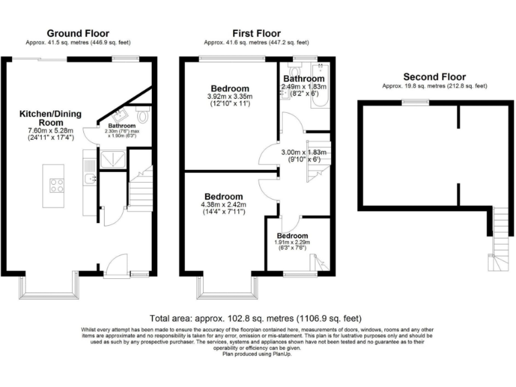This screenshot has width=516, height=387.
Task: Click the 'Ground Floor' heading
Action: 77,33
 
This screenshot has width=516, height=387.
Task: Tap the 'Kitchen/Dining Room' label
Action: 50,119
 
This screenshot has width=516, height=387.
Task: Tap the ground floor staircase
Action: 141,188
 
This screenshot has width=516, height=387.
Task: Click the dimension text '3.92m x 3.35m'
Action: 230,97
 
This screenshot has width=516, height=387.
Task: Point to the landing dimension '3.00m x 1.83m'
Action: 304,153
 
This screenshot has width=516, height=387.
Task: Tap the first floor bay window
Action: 228,289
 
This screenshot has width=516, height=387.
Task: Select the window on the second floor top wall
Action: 411,101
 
